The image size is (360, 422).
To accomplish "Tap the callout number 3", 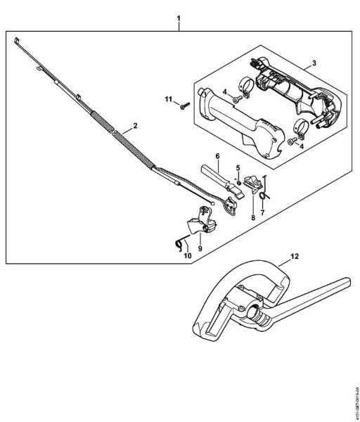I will pyautogui.click(x=314, y=64).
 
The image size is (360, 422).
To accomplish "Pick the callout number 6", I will pyautogui.click(x=217, y=155).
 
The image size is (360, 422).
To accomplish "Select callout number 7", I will pyautogui.click(x=264, y=212).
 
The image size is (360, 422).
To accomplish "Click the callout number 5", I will pyautogui.click(x=238, y=167).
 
